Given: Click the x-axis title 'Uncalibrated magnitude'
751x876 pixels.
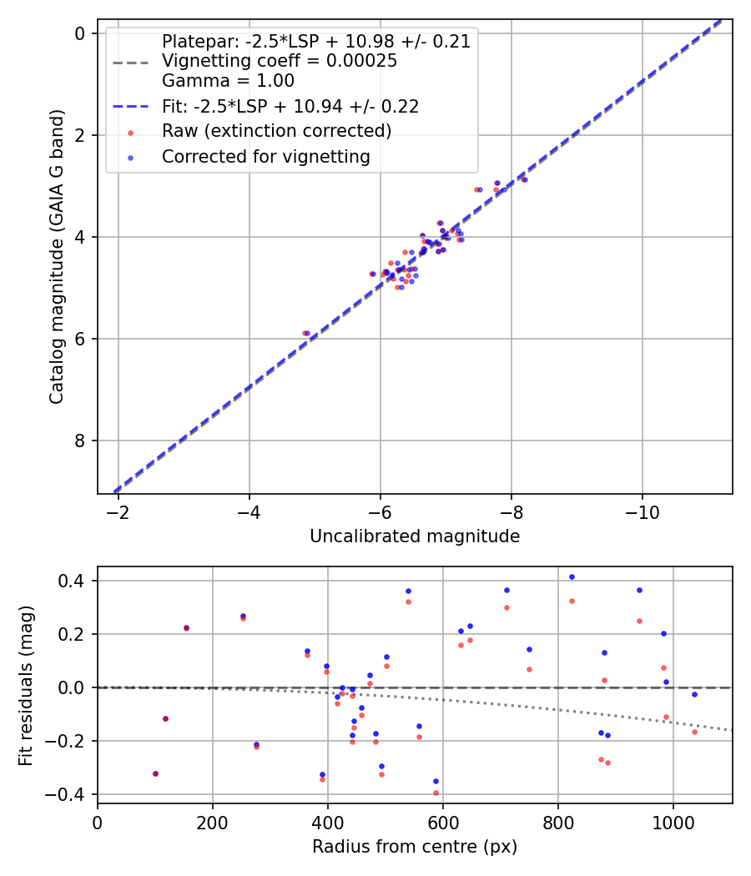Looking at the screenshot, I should pyautogui.click(x=415, y=536).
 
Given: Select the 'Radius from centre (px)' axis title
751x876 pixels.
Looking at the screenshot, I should pyautogui.click(x=415, y=847).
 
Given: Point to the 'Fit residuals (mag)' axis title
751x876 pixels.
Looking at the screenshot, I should pyautogui.click(x=26, y=685).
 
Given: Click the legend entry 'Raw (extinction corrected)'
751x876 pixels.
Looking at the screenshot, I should pyautogui.click(x=276, y=131).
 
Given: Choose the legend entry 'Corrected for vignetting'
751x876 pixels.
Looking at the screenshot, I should pyautogui.click(x=265, y=157).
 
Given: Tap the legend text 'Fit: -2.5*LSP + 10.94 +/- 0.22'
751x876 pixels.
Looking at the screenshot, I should pyautogui.click(x=290, y=106).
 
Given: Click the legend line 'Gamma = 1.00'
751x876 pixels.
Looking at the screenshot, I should pyautogui.click(x=228, y=81).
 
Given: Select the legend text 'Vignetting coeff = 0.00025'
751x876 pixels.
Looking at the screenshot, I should pyautogui.click(x=280, y=61).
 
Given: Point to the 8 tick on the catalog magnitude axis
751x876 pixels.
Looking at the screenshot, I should pyautogui.click(x=80, y=441).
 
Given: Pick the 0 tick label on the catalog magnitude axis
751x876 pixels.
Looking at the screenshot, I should pyautogui.click(x=80, y=33).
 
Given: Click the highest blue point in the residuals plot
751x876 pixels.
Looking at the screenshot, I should pyautogui.click(x=572, y=576).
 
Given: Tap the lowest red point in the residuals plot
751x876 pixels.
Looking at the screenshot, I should pyautogui.click(x=436, y=793).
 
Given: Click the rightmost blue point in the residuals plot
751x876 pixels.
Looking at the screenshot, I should pyautogui.click(x=694, y=694).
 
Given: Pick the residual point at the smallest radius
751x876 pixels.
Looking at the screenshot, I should pyautogui.click(x=155, y=773).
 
